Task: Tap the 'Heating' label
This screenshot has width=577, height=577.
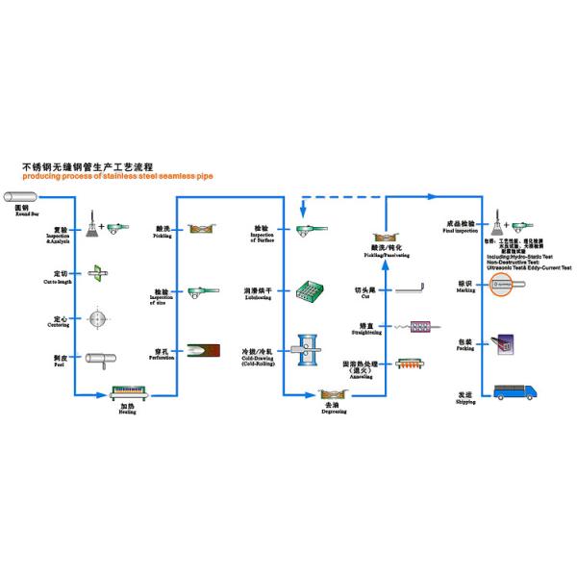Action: tap(126, 408)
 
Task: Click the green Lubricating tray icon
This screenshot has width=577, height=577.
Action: tap(310, 290)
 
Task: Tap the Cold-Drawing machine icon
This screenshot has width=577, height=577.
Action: tap(310, 352)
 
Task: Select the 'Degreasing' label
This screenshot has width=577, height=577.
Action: tap(334, 409)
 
